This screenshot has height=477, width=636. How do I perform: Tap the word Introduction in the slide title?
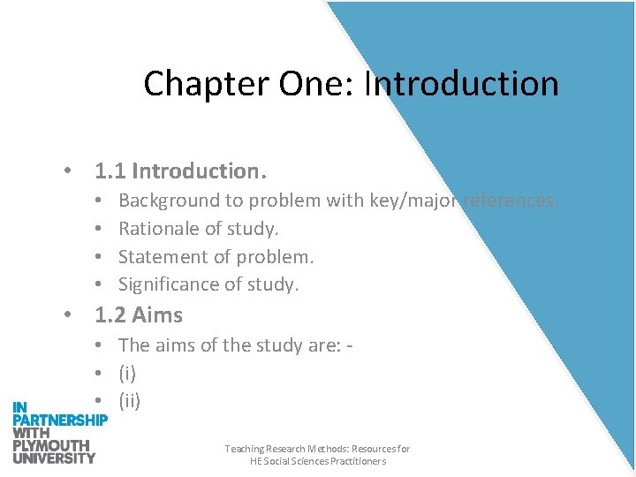[x=461, y=85]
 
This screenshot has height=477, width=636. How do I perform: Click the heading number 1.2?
[x=109, y=315]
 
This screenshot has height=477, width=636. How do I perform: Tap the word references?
[x=509, y=201]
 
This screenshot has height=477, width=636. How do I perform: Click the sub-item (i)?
[x=127, y=373]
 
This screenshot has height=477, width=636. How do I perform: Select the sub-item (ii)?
[x=130, y=401]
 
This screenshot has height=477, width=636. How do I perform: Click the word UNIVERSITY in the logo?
[x=54, y=458]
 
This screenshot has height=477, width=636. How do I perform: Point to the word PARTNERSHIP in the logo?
[x=59, y=420]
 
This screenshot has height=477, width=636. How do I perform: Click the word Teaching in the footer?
[x=244, y=450]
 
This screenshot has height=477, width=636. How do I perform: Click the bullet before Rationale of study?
[x=102, y=230]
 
